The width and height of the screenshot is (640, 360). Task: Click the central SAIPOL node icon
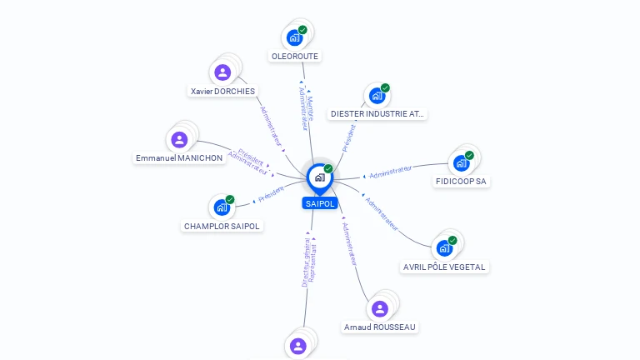[x=318, y=177]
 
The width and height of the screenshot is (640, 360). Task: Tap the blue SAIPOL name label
[x=319, y=203]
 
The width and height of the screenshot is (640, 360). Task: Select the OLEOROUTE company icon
[x=294, y=37]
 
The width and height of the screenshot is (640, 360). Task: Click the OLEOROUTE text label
[x=295, y=57]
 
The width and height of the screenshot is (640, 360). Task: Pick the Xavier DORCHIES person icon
[x=222, y=72]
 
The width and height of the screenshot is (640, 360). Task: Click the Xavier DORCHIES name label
[x=222, y=91]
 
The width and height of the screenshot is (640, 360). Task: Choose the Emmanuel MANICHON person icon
[x=179, y=140]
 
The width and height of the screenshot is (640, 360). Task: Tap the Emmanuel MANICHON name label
[x=179, y=157]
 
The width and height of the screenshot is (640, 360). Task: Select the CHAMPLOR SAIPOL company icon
[x=222, y=207]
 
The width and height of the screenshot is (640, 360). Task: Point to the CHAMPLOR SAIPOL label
[x=222, y=226]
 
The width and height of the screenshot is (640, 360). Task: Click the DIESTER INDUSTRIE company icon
[x=377, y=96]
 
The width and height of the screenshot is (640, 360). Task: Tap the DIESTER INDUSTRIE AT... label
[x=377, y=113]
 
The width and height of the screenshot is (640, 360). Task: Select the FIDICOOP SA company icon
[x=461, y=163]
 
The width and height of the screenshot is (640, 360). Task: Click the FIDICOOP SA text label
[x=462, y=181]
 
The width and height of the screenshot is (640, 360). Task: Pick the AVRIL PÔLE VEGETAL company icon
[x=444, y=247]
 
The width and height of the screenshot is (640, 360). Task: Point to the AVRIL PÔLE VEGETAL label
[x=445, y=267]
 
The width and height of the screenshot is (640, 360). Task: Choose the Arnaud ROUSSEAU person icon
[x=380, y=309]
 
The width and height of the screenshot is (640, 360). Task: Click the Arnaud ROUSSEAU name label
[x=380, y=327]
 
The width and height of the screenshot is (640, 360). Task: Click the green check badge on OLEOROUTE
[x=302, y=30]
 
